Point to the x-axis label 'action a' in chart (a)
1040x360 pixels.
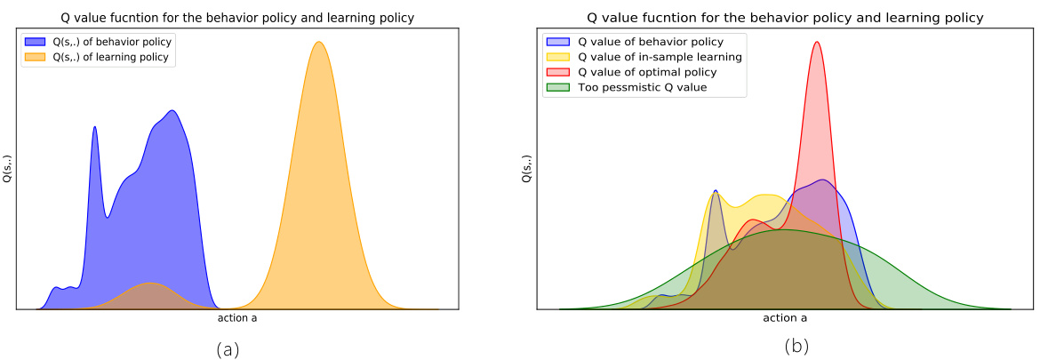[x=237, y=317]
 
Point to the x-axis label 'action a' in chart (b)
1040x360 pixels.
[x=785, y=317]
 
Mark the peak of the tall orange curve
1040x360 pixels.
[x=318, y=42]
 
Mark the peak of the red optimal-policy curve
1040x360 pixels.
[x=817, y=42]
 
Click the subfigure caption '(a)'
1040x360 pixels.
[x=228, y=348]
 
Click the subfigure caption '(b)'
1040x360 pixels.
[x=796, y=347]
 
